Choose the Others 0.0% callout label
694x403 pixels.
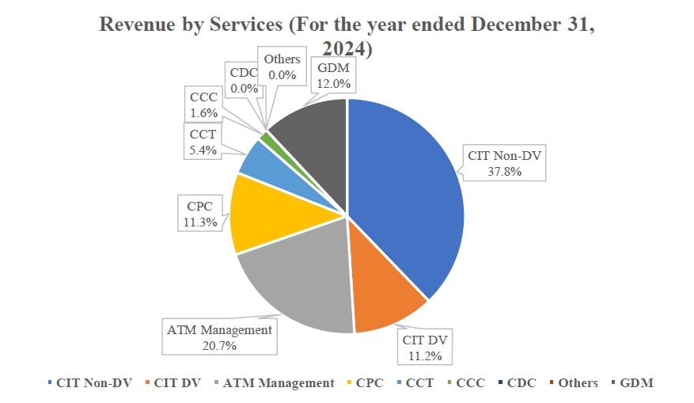[x=282, y=67]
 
